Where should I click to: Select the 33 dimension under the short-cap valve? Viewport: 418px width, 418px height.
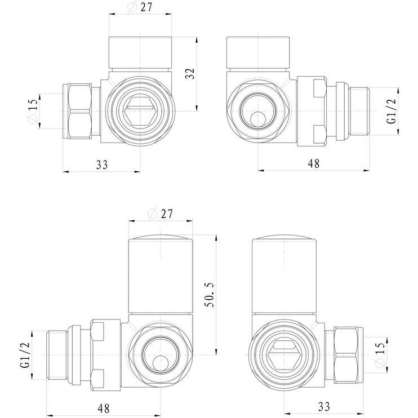tap(101, 164)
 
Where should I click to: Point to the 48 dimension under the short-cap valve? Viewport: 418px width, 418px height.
tap(314, 164)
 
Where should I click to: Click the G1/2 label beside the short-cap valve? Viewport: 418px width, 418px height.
tap(391, 111)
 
